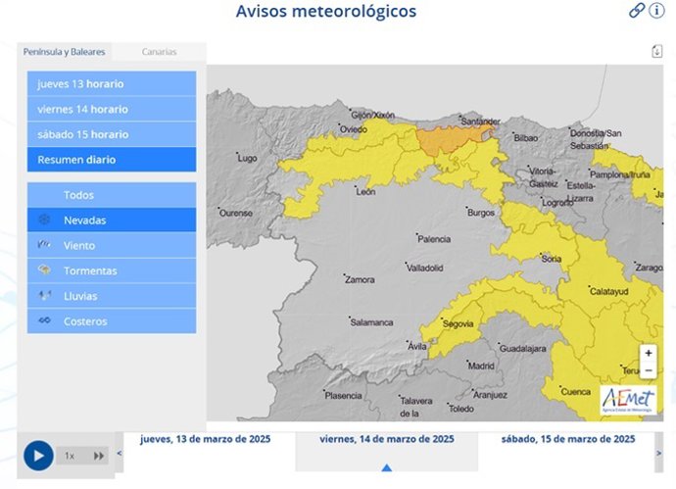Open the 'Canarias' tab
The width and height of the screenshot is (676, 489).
point(159,52)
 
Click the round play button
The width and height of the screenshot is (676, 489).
point(38,456)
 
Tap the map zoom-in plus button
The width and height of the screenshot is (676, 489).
point(649,353)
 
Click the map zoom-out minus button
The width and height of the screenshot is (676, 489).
point(649,369)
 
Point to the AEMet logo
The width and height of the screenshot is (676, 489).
point(628,399)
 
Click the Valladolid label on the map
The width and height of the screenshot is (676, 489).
point(425,268)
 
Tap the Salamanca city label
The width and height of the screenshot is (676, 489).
point(372,321)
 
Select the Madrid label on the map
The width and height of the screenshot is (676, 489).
point(481,366)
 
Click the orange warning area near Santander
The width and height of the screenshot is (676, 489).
point(453,140)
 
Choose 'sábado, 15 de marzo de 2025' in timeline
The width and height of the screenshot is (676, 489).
point(567,439)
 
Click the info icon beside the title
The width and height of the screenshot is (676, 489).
point(657,11)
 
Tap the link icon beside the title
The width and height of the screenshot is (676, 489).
point(637,11)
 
